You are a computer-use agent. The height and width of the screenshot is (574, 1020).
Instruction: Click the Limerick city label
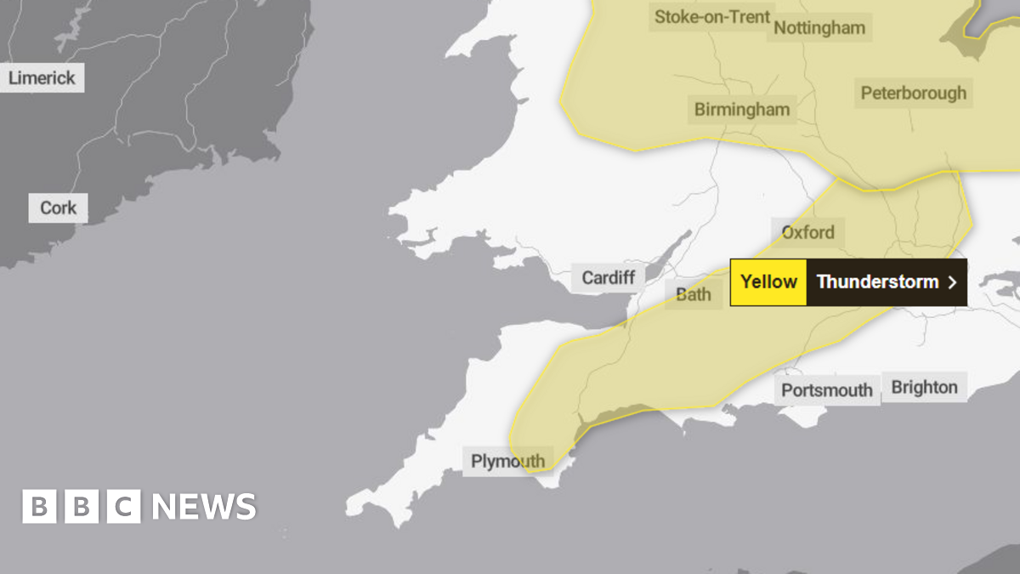tap(42, 78)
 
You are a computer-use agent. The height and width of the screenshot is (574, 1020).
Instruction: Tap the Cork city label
tap(58, 207)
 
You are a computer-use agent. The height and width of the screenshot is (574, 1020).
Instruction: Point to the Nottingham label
tap(819, 27)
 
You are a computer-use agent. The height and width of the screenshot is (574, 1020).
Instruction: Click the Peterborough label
tap(913, 93)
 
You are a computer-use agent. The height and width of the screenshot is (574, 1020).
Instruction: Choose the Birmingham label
tap(741, 109)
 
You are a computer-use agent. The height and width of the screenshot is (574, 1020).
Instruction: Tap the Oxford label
tap(807, 232)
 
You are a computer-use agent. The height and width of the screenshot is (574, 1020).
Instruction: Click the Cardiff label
tap(608, 277)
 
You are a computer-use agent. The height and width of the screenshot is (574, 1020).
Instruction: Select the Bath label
tap(693, 295)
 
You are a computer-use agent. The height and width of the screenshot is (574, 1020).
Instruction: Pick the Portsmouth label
tap(826, 390)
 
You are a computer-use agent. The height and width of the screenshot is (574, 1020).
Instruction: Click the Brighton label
tap(924, 387)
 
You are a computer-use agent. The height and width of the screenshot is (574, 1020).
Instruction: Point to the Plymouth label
tap(507, 462)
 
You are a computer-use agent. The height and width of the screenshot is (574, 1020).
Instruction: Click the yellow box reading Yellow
tap(768, 282)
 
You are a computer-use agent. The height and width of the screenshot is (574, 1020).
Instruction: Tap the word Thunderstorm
tap(877, 282)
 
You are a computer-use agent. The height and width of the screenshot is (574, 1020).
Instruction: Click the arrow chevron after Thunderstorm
tap(952, 282)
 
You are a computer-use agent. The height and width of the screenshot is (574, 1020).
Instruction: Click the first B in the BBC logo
tap(39, 507)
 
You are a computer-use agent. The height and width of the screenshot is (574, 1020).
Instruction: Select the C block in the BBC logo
tap(124, 507)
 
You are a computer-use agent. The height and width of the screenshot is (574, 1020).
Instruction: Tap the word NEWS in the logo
tap(204, 507)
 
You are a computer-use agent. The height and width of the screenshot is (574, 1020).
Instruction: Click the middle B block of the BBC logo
tap(82, 507)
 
